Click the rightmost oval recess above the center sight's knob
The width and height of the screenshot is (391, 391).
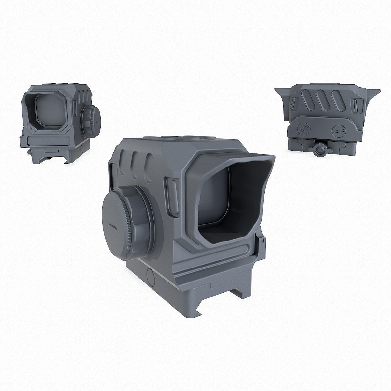pos(150,161)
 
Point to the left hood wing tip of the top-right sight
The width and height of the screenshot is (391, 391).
pos(277,89)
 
